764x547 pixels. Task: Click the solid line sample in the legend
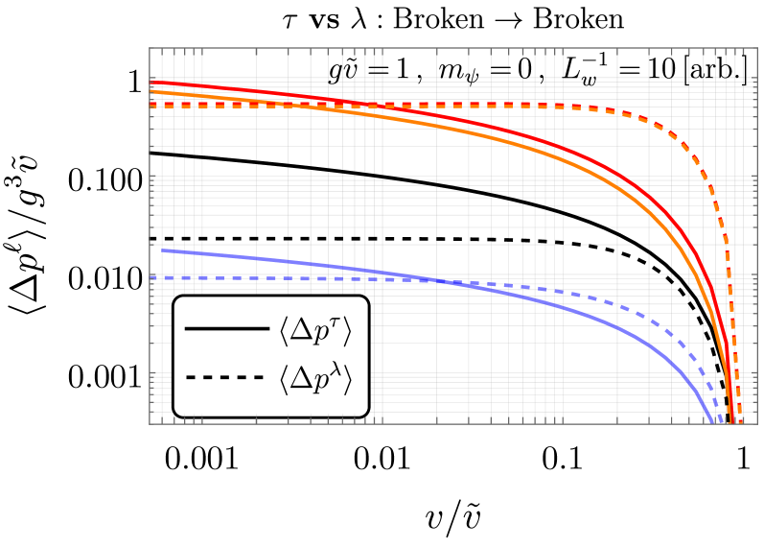coord(226,329)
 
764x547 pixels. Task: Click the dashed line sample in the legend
coord(226,378)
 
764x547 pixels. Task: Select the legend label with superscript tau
coord(315,331)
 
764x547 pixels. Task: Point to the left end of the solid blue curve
coord(162,250)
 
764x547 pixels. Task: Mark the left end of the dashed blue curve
coord(150,277)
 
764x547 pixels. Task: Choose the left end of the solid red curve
coord(150,83)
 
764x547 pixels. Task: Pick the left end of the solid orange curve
coord(150,91)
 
